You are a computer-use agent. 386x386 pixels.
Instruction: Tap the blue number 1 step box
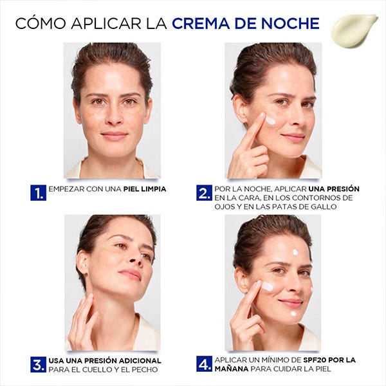pos(38,192)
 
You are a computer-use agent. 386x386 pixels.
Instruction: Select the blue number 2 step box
pos(204,192)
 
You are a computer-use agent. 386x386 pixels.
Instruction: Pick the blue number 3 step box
pos(38,364)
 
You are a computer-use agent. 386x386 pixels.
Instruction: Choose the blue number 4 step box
pos(204,363)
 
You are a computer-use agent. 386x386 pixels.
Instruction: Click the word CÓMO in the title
pos(41,23)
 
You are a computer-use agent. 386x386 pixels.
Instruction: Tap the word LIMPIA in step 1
pos(154,189)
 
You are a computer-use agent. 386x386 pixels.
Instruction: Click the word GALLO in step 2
pos(324,207)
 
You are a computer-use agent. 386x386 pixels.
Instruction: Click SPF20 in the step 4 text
pos(315,360)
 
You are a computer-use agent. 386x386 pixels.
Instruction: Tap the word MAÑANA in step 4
pos(232,369)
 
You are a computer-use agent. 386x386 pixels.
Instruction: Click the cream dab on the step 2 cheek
pos(270,121)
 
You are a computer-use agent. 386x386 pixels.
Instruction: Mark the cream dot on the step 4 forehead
pos(295,252)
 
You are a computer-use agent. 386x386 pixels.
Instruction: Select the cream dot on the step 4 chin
pos(293,314)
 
